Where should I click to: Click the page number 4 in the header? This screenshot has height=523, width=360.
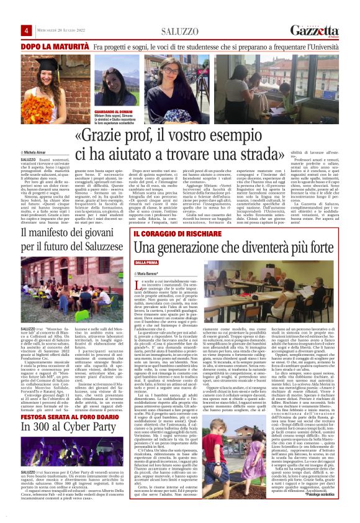pyautogui.click(x=27, y=31)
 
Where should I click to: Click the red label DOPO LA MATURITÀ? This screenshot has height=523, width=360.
pyautogui.click(x=55, y=47)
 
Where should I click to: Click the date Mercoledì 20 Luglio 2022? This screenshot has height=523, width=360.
pyautogui.click(x=61, y=31)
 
